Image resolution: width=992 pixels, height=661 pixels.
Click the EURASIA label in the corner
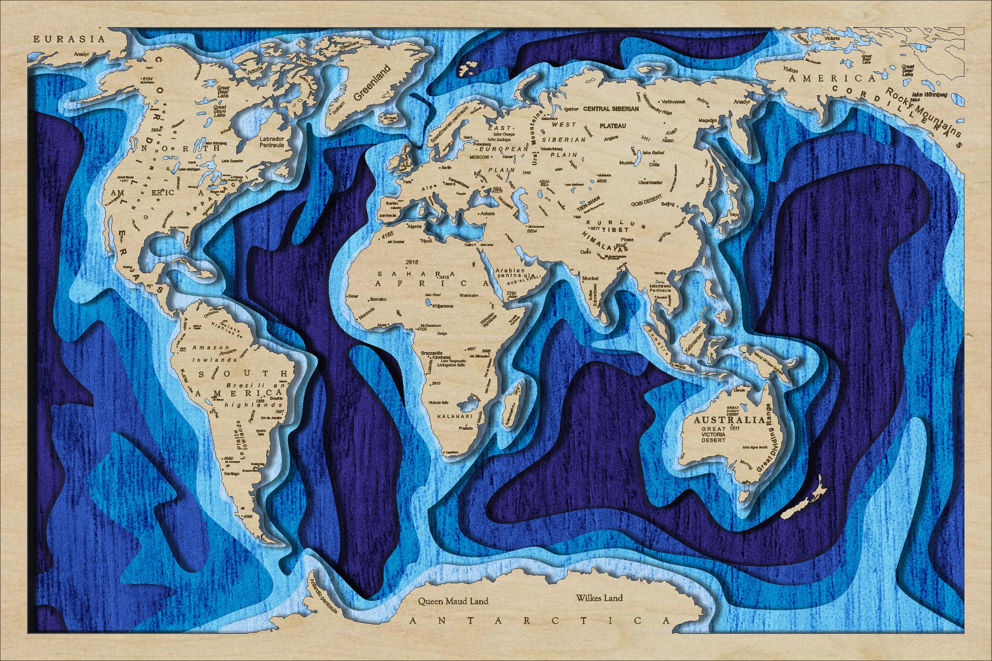point(69,39)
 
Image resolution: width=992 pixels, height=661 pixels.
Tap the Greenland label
point(372,83)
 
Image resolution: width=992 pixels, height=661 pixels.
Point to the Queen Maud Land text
point(453,601)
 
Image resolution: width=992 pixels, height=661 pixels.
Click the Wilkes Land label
point(599,598)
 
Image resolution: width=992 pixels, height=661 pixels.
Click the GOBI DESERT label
point(646,200)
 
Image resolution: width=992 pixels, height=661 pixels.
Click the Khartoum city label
point(468,295)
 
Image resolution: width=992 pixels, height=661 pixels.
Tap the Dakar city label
point(353,296)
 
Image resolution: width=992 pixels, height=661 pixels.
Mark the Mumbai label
point(590,279)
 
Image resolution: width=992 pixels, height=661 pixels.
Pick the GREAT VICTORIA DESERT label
point(713,434)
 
